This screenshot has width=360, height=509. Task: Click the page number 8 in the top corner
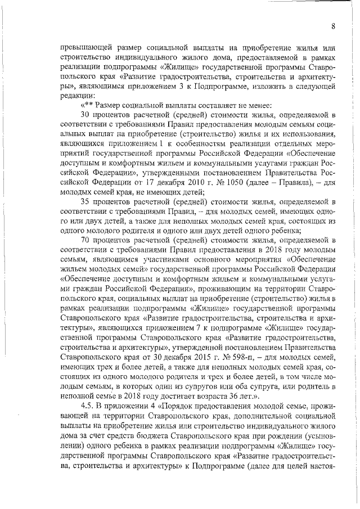[333, 26]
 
